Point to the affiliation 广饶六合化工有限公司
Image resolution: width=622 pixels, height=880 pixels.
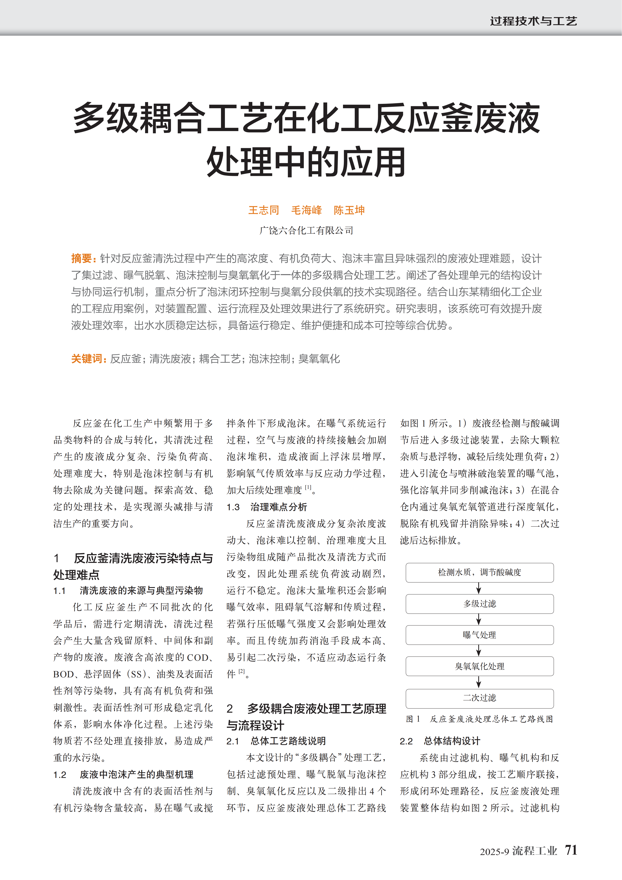pyautogui.click(x=306, y=230)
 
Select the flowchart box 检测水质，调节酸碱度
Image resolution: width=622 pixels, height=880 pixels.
pyautogui.click(x=479, y=573)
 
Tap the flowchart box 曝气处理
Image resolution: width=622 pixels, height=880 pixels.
pyautogui.click(x=479, y=635)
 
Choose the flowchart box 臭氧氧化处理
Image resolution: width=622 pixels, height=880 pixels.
pyautogui.click(x=479, y=667)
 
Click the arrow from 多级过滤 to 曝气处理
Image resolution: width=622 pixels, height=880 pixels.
pyautogui.click(x=479, y=619)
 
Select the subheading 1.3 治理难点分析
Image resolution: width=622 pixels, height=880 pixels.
pyautogui.click(x=267, y=507)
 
